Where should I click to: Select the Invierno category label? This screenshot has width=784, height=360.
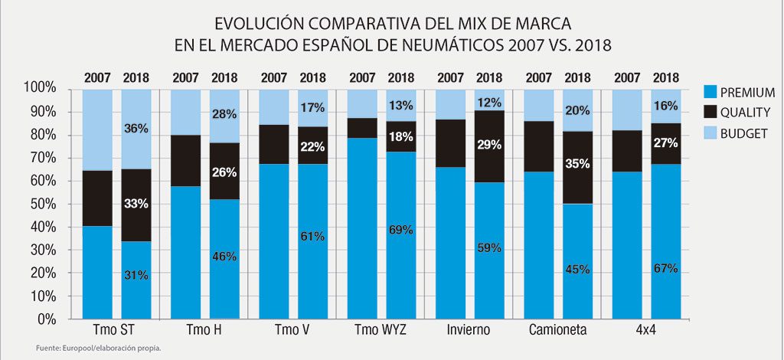[x=469, y=329]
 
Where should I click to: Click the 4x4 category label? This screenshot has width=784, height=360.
[x=645, y=329]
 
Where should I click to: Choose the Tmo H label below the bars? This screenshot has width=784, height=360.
[x=204, y=329]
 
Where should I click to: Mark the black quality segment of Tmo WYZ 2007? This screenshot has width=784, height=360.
[x=362, y=128]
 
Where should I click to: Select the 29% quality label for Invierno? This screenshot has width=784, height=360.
[x=488, y=144]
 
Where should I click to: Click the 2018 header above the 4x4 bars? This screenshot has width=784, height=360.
[x=666, y=77]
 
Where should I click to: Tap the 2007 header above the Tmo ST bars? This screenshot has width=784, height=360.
[x=97, y=77]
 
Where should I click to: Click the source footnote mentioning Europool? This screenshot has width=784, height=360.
[x=98, y=349]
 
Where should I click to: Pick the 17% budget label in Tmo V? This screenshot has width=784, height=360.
[x=312, y=106]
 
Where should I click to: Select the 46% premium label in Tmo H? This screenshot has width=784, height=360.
[x=224, y=257]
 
